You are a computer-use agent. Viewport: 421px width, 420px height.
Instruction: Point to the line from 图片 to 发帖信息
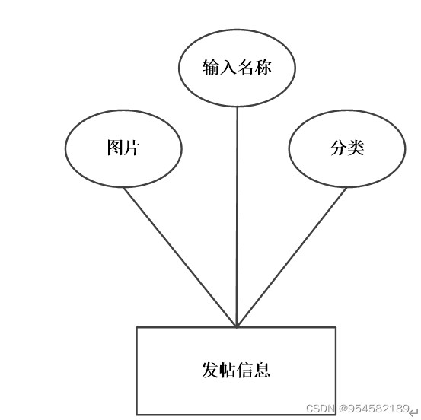tap(180, 257)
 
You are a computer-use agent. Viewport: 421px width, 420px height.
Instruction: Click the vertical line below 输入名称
tap(237, 217)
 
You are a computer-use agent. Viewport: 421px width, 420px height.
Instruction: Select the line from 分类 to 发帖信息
tap(292, 257)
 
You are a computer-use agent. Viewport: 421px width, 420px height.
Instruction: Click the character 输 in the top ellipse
tap(211, 67)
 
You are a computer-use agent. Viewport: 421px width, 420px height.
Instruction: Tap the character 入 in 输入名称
tap(228, 67)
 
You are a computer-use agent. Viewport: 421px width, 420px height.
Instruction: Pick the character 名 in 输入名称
tap(246, 67)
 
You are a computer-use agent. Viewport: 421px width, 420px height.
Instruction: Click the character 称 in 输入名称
tap(263, 67)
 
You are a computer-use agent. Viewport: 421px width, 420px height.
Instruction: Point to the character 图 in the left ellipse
tap(115, 148)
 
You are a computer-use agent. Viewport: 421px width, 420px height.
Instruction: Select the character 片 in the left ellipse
tap(132, 148)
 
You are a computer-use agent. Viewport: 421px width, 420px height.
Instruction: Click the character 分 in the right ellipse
tap(339, 148)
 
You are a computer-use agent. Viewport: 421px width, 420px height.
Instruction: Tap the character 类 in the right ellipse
tap(356, 148)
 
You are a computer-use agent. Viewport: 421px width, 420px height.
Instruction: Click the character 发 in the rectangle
tap(210, 370)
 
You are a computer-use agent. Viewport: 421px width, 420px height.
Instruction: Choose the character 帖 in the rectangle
tap(228, 370)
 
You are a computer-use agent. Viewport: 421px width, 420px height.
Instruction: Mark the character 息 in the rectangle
tap(262, 370)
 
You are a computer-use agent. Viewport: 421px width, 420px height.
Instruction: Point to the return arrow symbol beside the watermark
tap(414, 412)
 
